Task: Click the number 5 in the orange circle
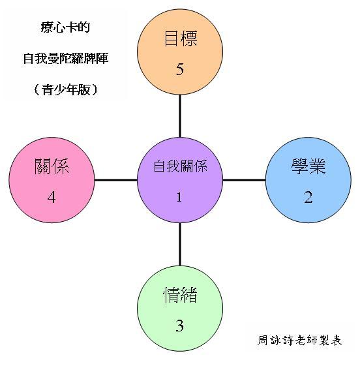pyautogui.click(x=179, y=69)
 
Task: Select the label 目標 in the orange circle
pyautogui.click(x=181, y=38)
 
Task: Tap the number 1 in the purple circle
pyautogui.click(x=179, y=197)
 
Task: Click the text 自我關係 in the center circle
pyautogui.click(x=180, y=166)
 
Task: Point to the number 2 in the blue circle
pyautogui.click(x=308, y=197)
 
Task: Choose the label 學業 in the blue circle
pyautogui.click(x=308, y=166)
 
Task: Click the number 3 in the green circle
pyautogui.click(x=179, y=326)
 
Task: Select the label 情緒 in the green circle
pyautogui.click(x=180, y=295)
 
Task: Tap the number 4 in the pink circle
pyautogui.click(x=52, y=197)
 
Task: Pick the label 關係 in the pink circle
pyautogui.click(x=52, y=166)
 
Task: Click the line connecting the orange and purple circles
pyautogui.click(x=180, y=116)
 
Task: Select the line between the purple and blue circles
pyautogui.click(x=245, y=180)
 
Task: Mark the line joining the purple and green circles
pyautogui.click(x=180, y=245)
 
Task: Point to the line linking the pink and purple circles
pyautogui.click(x=116, y=180)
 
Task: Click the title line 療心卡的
pyautogui.click(x=65, y=27)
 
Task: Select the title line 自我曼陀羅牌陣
pyautogui.click(x=66, y=58)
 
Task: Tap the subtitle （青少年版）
pyautogui.click(x=66, y=89)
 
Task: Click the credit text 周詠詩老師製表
pyautogui.click(x=299, y=340)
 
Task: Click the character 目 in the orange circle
pyautogui.click(x=172, y=38)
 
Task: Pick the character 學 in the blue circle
pyautogui.click(x=299, y=166)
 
